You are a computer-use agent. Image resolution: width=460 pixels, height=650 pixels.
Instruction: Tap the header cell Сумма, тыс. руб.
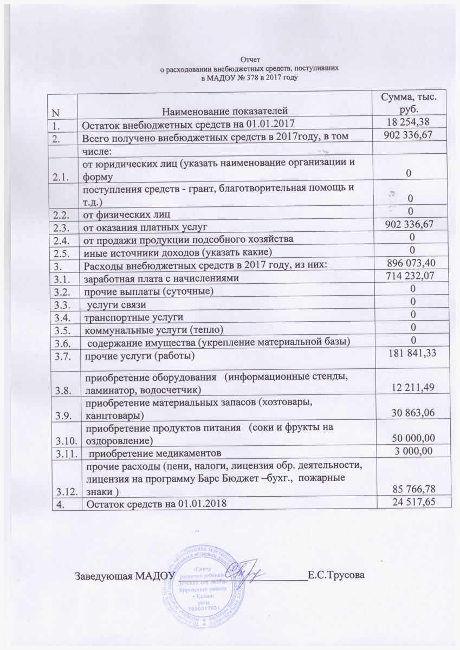click(409, 102)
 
